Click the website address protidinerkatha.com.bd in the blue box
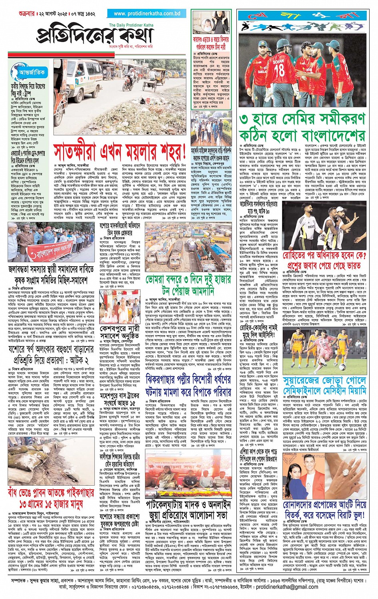point(147,14)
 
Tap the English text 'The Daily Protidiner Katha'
point(131,25)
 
